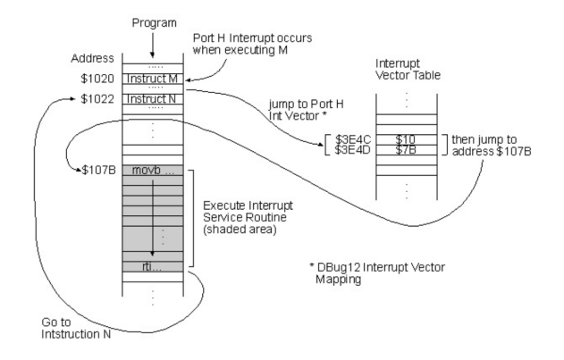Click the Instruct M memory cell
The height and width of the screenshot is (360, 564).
pos(153,78)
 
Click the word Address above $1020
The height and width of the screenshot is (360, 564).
pos(91,58)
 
